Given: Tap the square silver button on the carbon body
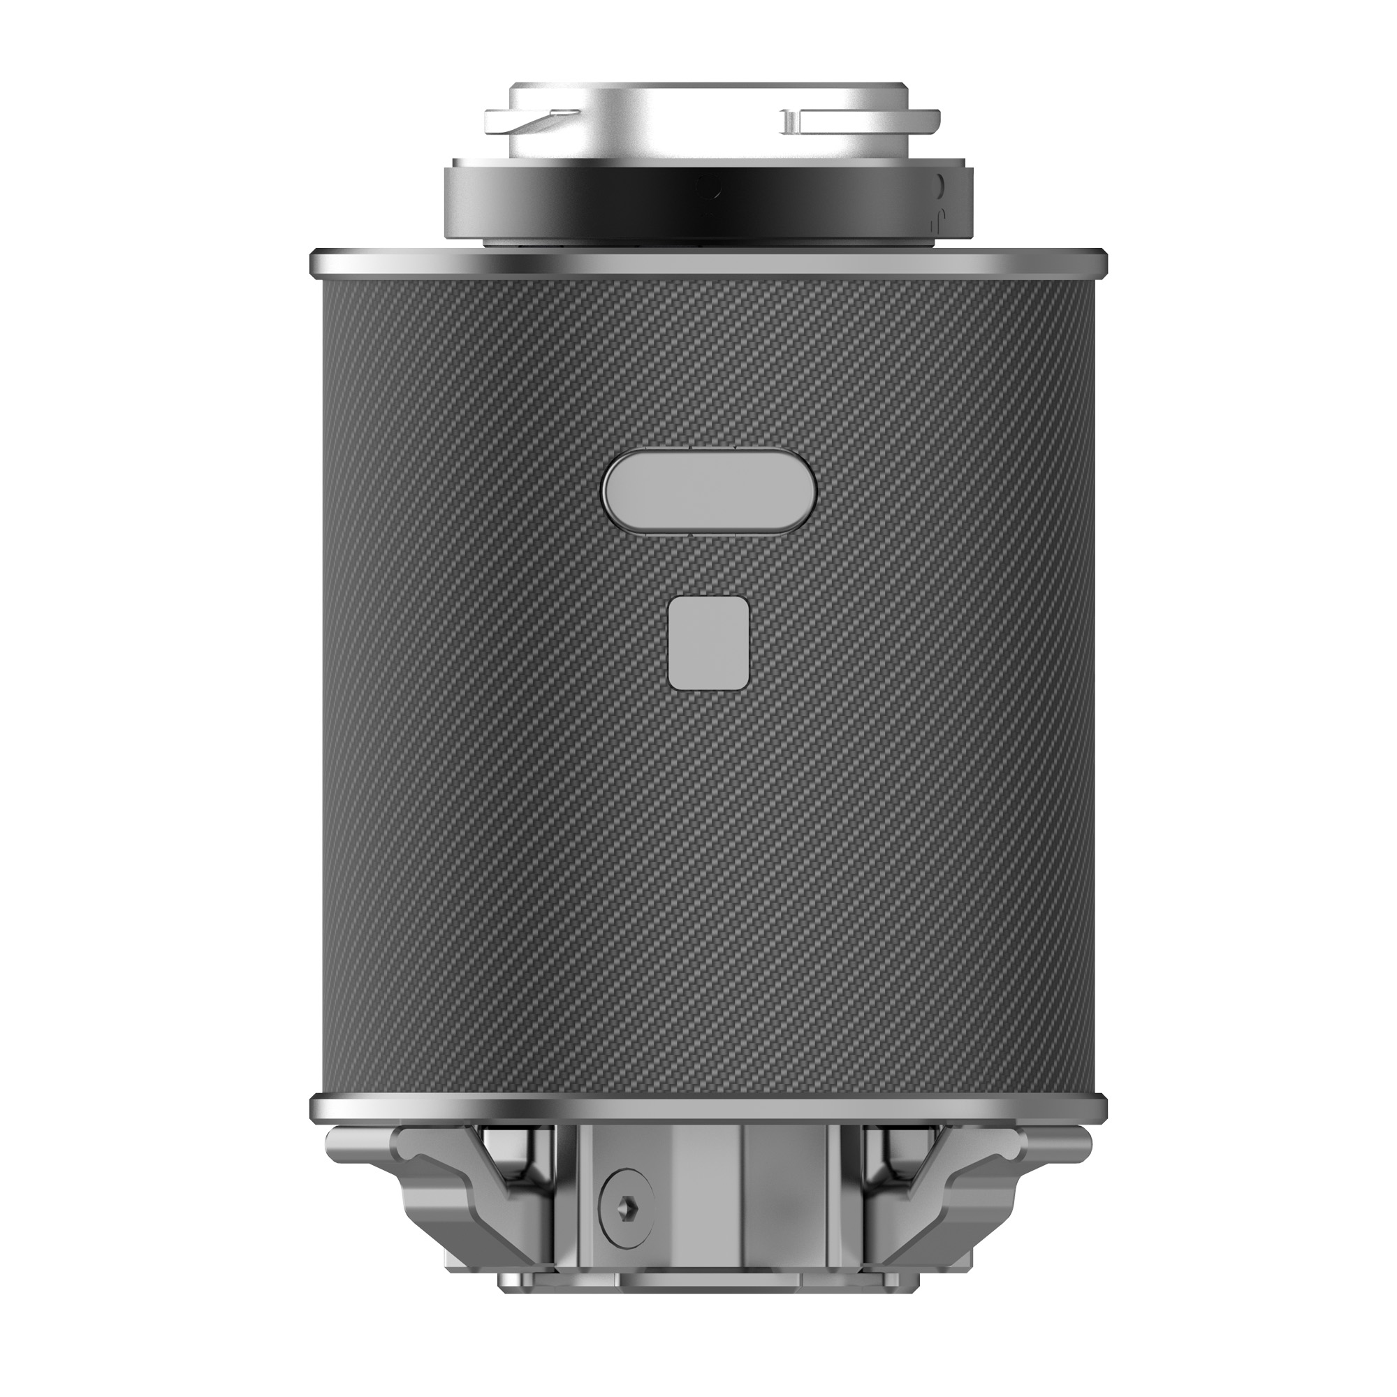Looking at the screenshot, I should click(x=708, y=643).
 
